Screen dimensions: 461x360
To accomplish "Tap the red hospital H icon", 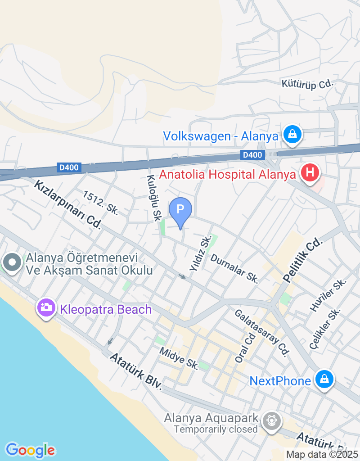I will (310, 172).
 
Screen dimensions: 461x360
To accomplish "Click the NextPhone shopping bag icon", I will (324, 379).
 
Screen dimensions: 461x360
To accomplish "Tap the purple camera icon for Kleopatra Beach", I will (45, 308).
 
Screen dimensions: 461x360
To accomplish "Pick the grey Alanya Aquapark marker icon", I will (272, 421).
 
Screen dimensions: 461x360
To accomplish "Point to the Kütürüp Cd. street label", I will (307, 84).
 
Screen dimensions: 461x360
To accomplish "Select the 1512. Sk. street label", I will (100, 203).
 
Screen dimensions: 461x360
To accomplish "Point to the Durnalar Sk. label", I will (234, 269).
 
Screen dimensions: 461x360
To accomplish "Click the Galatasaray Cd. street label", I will (261, 333).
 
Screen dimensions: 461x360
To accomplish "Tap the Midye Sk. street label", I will (179, 358).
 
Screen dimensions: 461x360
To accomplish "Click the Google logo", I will (30, 450).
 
